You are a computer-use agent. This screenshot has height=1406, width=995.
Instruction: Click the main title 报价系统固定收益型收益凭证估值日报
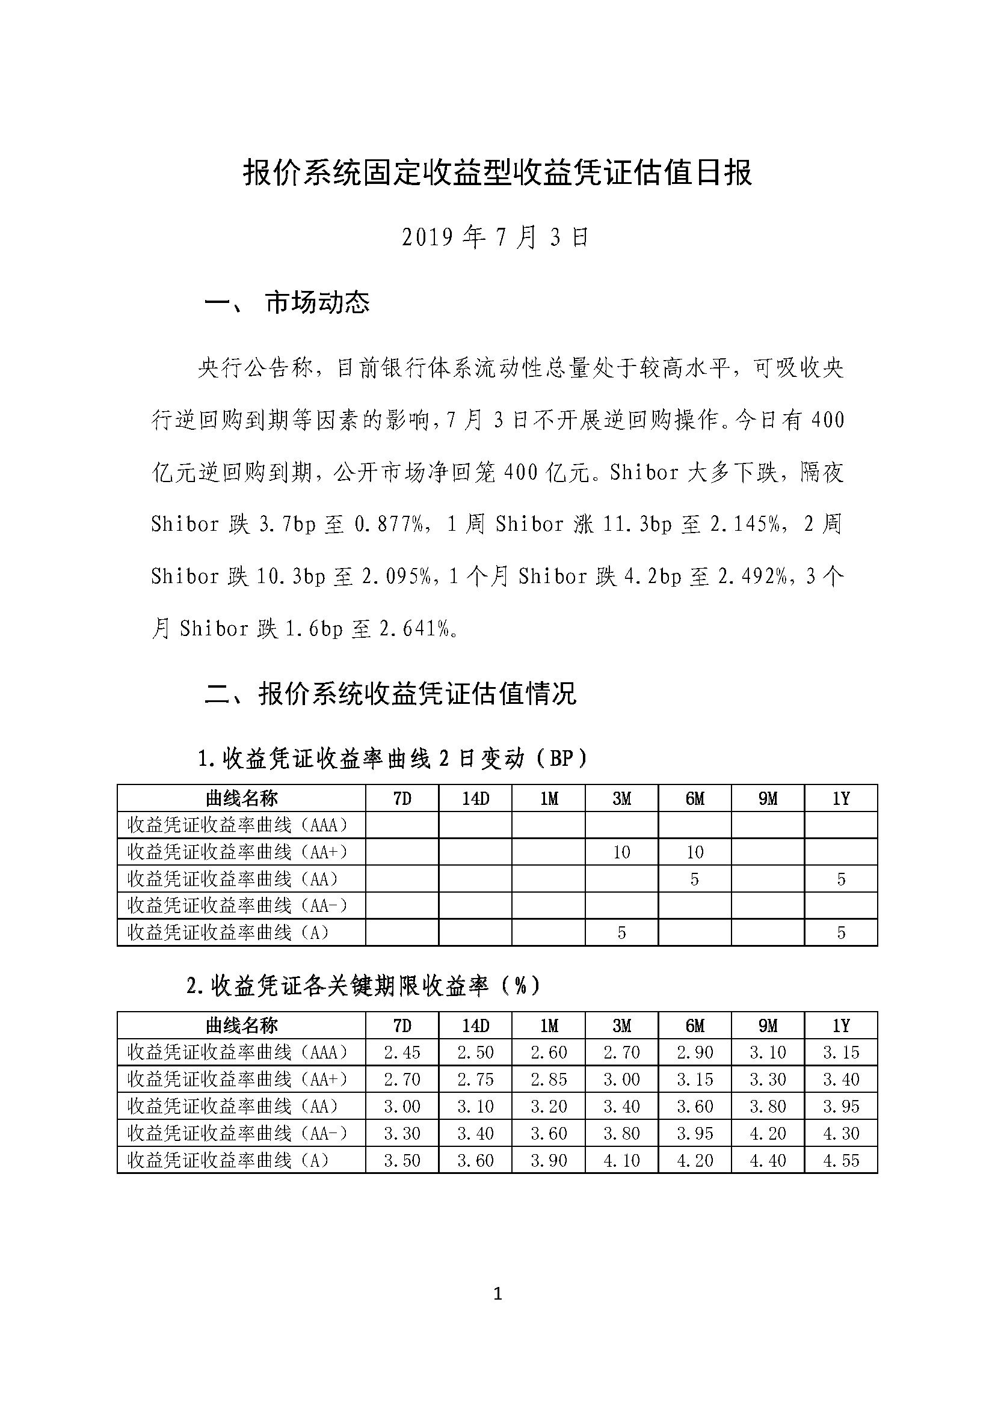click(497, 173)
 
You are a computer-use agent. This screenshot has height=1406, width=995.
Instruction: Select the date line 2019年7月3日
click(495, 237)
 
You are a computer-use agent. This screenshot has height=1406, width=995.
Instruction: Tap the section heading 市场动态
click(318, 302)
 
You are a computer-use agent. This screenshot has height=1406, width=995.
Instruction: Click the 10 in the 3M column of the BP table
click(621, 852)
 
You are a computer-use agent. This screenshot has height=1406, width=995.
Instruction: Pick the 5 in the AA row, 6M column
click(694, 879)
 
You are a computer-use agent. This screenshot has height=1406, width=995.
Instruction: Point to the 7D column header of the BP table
click(402, 798)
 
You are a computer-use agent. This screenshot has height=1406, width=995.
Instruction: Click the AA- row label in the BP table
click(237, 906)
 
